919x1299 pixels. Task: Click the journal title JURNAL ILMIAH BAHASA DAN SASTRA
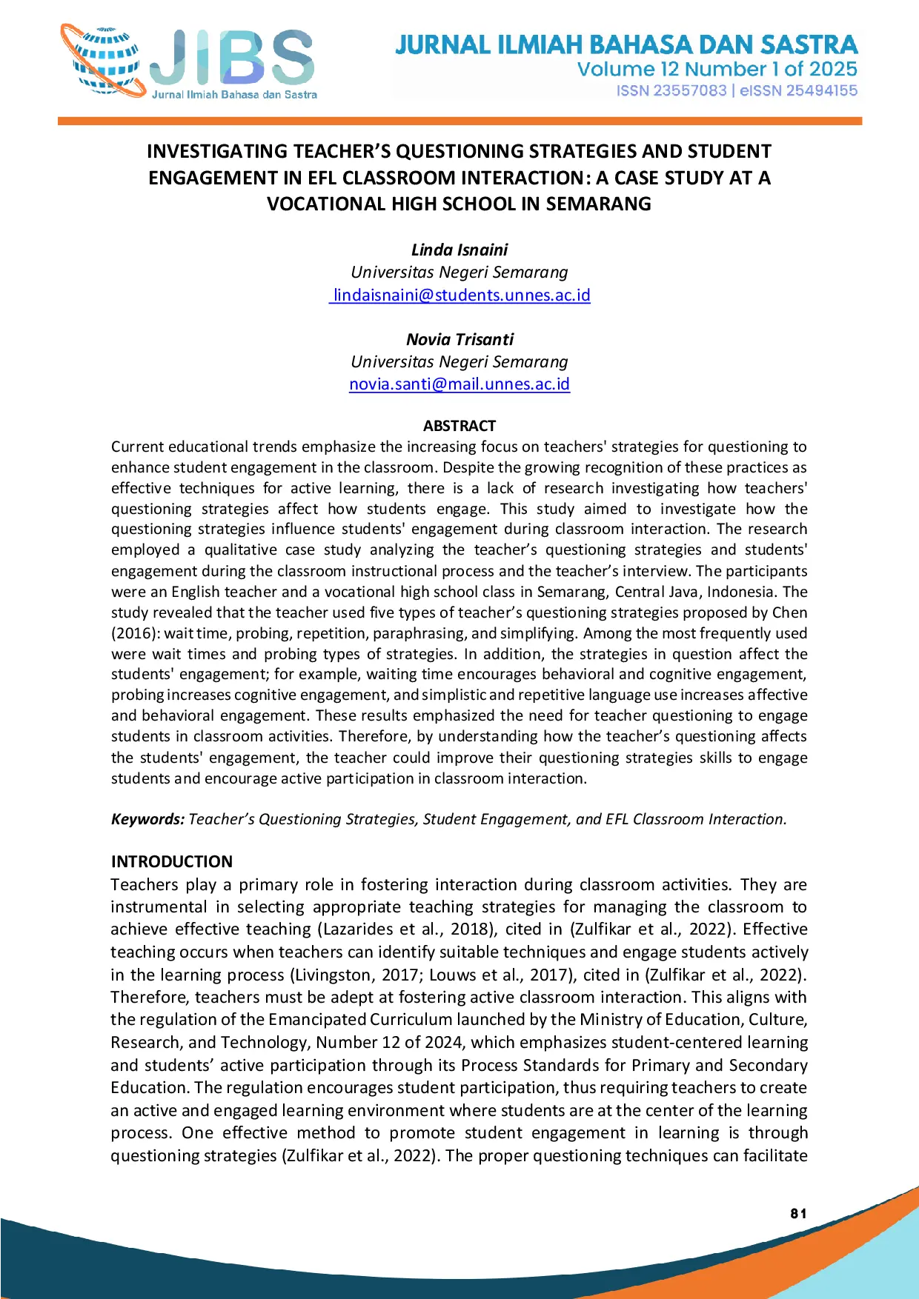(x=626, y=45)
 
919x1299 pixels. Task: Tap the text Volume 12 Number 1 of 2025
(x=717, y=70)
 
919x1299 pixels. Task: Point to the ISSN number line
(x=737, y=90)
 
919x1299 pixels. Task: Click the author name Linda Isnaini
(x=459, y=250)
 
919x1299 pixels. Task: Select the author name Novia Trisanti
(x=459, y=340)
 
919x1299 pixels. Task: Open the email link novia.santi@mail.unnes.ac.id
(x=459, y=384)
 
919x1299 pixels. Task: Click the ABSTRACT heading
(x=459, y=426)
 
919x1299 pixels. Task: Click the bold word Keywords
(x=147, y=819)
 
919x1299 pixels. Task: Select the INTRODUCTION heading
(x=172, y=861)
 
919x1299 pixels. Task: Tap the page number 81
(x=798, y=1213)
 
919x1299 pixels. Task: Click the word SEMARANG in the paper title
(x=598, y=204)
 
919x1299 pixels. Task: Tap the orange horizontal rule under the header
(x=459, y=121)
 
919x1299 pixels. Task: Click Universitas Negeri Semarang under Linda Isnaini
(x=459, y=273)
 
